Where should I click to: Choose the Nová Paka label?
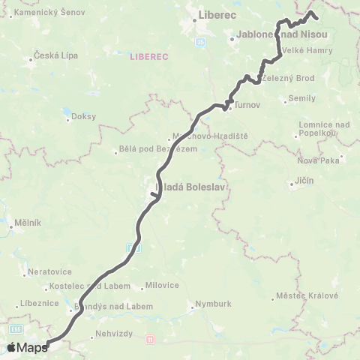pyautogui.click(x=319, y=160)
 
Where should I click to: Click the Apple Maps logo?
pyautogui.click(x=27, y=347)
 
